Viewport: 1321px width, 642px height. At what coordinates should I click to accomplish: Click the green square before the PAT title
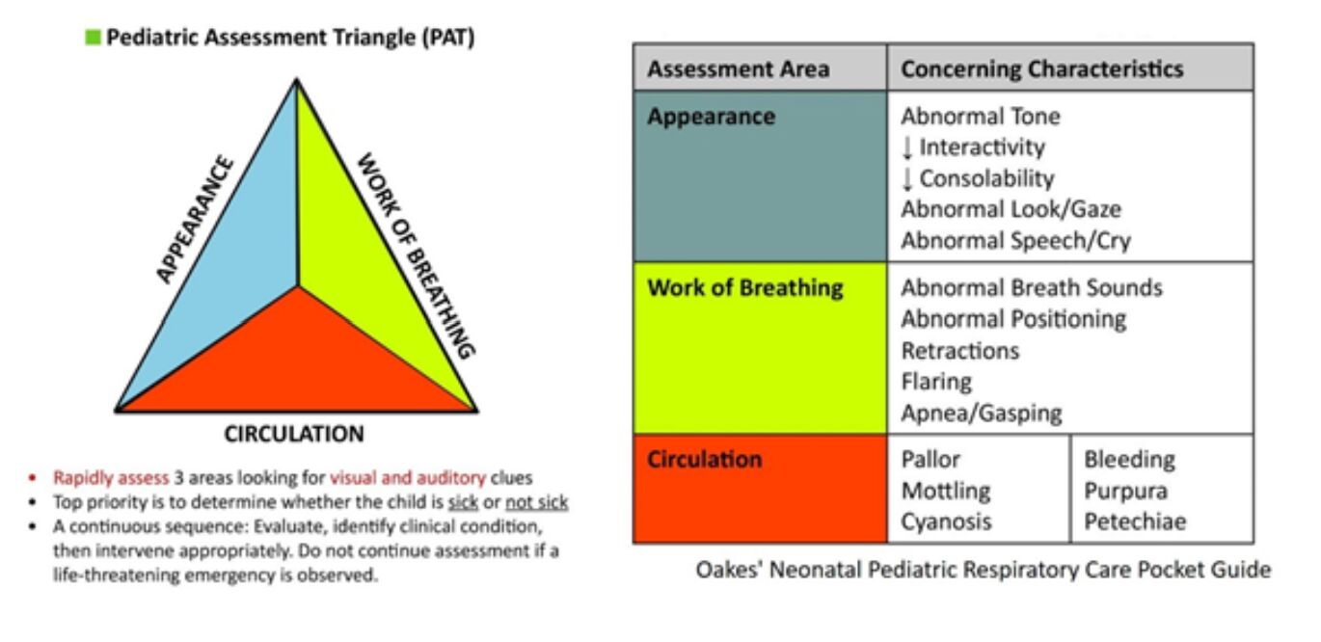(x=93, y=39)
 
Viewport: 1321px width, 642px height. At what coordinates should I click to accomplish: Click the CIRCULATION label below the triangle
(x=294, y=434)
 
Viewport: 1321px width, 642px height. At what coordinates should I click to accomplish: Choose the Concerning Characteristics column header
(x=1041, y=69)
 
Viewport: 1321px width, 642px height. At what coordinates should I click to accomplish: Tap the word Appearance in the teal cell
(x=711, y=117)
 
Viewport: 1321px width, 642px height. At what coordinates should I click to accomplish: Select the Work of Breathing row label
(x=744, y=287)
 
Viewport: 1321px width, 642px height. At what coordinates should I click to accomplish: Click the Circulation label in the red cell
(x=704, y=459)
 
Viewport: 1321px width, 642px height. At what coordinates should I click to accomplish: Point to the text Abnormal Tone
(x=980, y=117)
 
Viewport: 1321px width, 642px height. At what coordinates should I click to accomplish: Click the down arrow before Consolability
(x=906, y=178)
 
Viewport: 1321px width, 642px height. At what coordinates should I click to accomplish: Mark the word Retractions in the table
(x=959, y=350)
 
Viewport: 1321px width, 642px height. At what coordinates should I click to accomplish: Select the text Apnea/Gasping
(x=981, y=414)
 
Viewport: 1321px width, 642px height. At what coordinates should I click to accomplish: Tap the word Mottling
(x=945, y=491)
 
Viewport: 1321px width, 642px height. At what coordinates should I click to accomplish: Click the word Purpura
(x=1125, y=491)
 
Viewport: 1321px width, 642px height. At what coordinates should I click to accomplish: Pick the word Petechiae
(x=1135, y=522)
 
